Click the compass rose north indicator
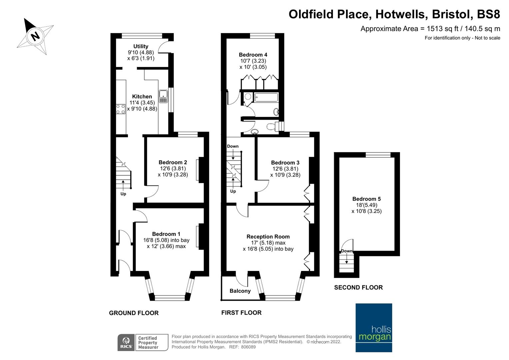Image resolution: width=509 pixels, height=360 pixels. (35, 36)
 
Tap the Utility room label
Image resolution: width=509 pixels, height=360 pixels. (141, 46)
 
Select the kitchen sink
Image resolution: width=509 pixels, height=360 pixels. (163, 97)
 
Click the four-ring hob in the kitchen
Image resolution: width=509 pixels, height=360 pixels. (121, 109)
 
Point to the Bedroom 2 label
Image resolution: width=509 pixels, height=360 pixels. (173, 162)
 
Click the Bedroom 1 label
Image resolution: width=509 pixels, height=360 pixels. (166, 234)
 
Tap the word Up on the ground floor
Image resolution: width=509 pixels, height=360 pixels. (123, 194)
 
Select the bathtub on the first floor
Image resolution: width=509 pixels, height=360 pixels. (266, 97)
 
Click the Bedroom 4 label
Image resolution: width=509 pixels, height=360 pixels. (253, 55)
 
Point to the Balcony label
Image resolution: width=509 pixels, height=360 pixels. (240, 291)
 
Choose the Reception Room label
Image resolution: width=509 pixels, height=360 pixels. (268, 237)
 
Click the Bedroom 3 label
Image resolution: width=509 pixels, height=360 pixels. (285, 163)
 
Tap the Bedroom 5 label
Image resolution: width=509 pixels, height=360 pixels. (366, 199)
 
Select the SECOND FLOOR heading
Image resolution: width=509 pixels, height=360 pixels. (358, 287)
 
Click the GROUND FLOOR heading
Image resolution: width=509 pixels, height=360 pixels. (134, 313)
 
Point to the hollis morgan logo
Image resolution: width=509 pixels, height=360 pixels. (374, 328)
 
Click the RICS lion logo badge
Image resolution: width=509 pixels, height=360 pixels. (126, 343)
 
